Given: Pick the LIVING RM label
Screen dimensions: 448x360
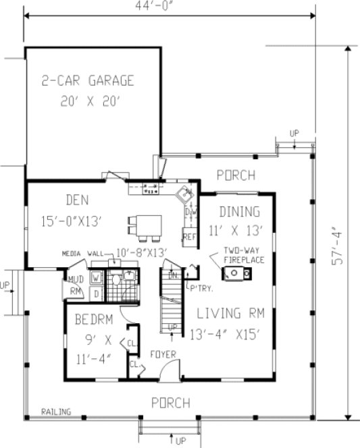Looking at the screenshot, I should [x=230, y=313].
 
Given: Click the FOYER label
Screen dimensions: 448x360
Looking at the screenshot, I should [x=163, y=353].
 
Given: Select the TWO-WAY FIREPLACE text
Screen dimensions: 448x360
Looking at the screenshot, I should [x=245, y=255].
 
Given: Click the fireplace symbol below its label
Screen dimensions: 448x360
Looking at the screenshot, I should [x=238, y=273].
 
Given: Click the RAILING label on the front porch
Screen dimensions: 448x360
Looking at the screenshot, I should [x=52, y=411].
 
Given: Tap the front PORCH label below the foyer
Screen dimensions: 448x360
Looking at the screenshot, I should [x=170, y=403].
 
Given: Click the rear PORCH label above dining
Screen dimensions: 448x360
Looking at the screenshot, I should [x=236, y=175].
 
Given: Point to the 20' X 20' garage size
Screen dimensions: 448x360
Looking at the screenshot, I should [x=88, y=103].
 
